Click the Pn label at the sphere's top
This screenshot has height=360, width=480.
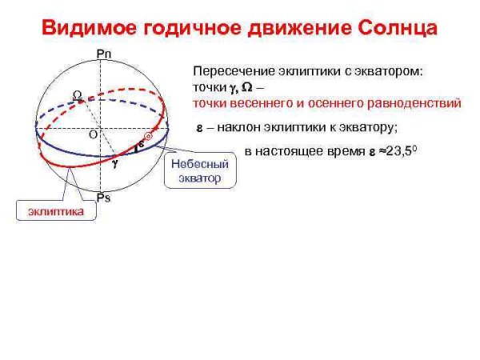[x=102, y=54]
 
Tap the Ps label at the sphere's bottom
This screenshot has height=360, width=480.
[x=102, y=197]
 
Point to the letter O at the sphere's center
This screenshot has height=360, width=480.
[x=93, y=134]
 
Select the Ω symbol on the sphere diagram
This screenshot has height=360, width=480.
[x=78, y=95]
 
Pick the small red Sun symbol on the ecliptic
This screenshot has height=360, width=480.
[x=148, y=138]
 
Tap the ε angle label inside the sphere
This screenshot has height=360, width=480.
[x=141, y=145]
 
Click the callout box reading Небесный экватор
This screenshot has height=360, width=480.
[x=200, y=170]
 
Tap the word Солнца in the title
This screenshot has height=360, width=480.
[x=391, y=30]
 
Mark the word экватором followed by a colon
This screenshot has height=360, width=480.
[x=386, y=70]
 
